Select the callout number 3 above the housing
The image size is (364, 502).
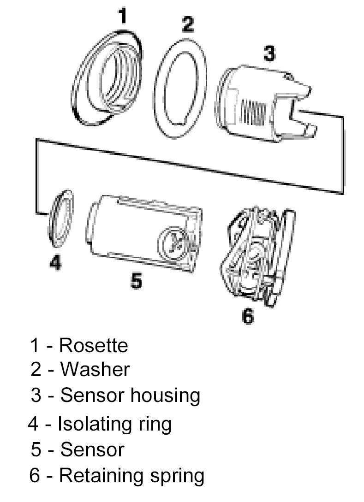pos(269,54)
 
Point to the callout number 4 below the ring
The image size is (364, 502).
pos(55,262)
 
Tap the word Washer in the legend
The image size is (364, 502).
pos(95,369)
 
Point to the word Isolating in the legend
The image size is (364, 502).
pos(92,423)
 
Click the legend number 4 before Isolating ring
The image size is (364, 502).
pos(33,423)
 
